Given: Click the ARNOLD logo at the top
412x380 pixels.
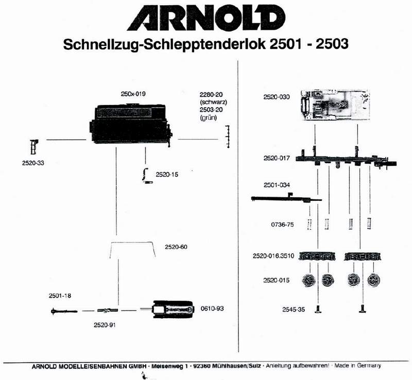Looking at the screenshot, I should tap(205, 19).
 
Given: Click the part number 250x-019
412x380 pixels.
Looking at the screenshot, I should tap(133, 94).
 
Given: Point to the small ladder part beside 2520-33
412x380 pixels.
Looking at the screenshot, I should tap(34, 147).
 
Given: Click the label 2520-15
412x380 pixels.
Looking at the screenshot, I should tap(166, 175).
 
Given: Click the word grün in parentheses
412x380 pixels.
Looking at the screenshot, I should tap(208, 118).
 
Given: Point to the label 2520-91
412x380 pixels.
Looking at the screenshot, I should tap(106, 325).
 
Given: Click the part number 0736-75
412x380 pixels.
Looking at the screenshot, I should tap(282, 224).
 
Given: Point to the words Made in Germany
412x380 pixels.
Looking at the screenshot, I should tap(357, 366).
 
